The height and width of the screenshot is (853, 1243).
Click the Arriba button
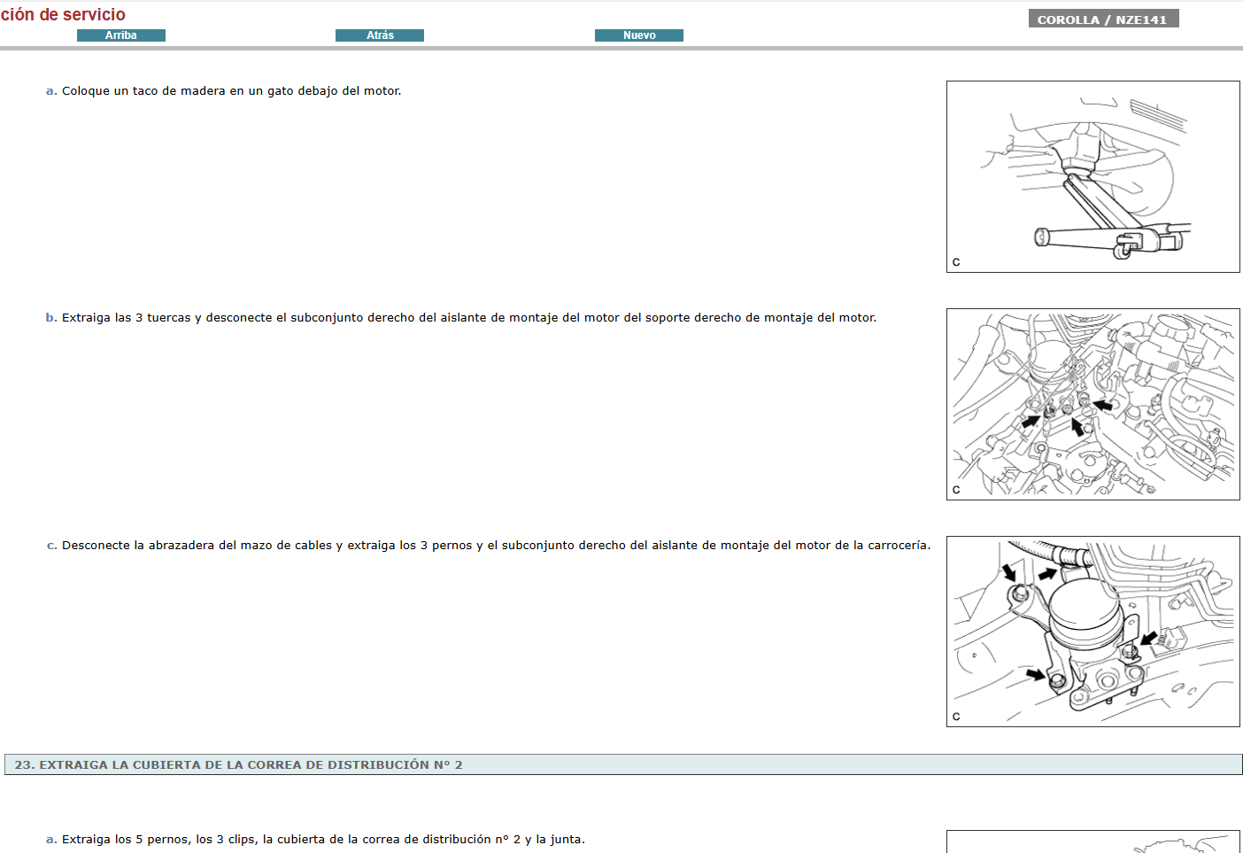tap(121, 35)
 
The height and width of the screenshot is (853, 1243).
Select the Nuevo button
tap(639, 35)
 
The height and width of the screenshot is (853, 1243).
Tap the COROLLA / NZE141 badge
tap(1102, 19)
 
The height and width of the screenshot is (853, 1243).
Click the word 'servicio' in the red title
tap(94, 14)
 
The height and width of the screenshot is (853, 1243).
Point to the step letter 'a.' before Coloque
tap(51, 91)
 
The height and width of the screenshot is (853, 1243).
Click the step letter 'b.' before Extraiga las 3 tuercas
tap(51, 318)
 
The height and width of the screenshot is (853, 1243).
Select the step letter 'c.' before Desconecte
tap(51, 546)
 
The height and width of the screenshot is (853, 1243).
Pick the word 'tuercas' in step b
tap(169, 318)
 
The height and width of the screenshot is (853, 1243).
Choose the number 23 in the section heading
tap(24, 764)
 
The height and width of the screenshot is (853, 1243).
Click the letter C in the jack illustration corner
tap(956, 262)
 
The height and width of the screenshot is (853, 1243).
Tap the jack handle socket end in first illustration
tap(1042, 237)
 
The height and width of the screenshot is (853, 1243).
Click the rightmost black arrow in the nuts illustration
tap(1103, 406)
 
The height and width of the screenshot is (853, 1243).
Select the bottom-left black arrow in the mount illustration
tap(1035, 675)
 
